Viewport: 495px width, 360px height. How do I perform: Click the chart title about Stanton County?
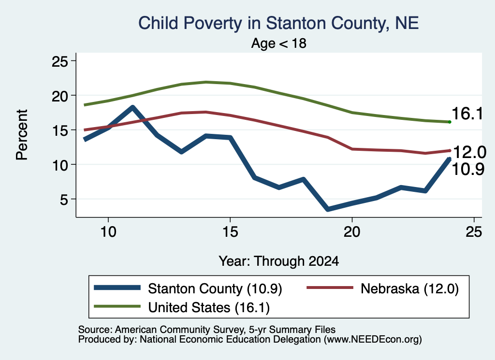pos(278,23)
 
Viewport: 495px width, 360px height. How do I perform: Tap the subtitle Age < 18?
pos(279,43)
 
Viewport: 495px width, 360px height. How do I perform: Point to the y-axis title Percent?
pos(22,135)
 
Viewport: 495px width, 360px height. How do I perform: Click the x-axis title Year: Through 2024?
pos(279,261)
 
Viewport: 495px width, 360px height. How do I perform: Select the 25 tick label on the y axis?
pos(59,61)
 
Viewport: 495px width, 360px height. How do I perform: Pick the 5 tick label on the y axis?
pos(64,199)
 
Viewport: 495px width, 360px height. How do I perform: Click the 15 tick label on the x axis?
pos(230,232)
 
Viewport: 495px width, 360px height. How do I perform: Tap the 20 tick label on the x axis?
pos(352,232)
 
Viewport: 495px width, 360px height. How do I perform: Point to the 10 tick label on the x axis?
pos(108,232)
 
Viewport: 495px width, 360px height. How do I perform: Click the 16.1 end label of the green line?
pos(467,114)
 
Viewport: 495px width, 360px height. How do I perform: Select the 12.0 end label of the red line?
pos(469,152)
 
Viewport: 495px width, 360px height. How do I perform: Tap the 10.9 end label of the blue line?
pos(468,169)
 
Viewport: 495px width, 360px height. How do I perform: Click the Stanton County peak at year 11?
pos(132,108)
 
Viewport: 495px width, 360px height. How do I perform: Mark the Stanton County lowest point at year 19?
pos(328,209)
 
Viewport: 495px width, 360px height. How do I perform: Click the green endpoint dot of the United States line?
pos(450,122)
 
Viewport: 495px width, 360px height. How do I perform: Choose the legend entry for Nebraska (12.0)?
pos(383,288)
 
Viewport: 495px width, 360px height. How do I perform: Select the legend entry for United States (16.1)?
pos(182,307)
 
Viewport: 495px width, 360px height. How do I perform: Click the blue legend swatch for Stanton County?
pos(117,288)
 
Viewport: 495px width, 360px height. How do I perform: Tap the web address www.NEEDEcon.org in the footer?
pos(373,340)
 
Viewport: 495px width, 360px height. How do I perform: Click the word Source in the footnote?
pos(94,330)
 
